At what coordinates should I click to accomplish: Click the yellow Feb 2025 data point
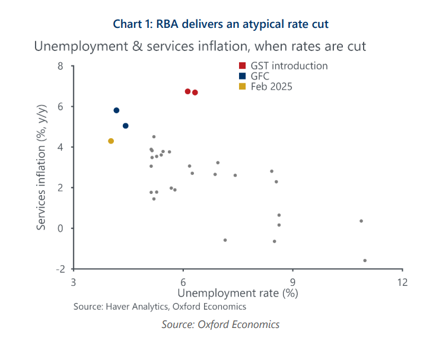pos(111,141)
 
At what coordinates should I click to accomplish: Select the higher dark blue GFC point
pos(116,110)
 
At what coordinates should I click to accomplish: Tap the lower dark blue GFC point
pos(126,126)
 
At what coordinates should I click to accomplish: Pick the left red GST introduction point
pos(187,91)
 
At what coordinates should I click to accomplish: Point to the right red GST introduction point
pos(195,93)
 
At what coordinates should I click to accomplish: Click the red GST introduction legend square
pos(243,66)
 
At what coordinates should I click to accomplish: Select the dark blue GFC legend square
pos(243,76)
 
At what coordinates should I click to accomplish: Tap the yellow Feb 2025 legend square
pos(243,87)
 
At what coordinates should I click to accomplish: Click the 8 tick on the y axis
pos(61,66)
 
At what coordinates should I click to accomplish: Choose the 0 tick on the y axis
pos(61,228)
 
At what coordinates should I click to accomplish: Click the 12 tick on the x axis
pos(403,282)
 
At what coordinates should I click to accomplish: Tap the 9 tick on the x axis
pos(293,282)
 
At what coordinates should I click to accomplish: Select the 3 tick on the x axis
pos(74,282)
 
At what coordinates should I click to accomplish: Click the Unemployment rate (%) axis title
pos(238,293)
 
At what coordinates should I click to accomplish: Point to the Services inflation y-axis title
pos(42,168)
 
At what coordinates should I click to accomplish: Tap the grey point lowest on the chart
pos(365,260)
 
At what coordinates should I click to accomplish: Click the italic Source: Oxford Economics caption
pos(221,324)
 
